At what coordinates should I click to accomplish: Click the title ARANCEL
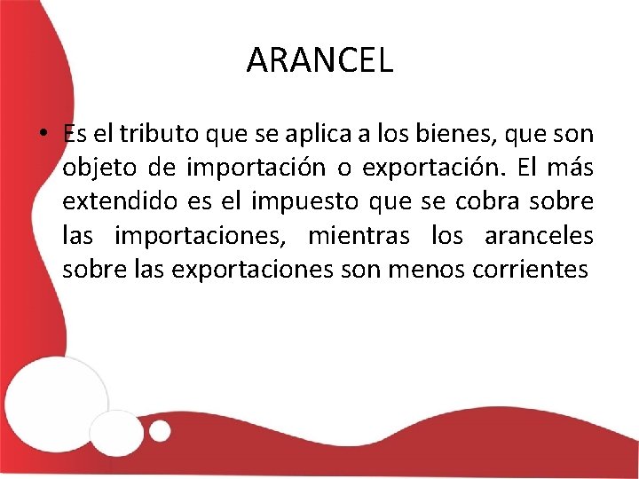click(x=319, y=60)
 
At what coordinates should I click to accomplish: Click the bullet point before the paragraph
click(x=43, y=135)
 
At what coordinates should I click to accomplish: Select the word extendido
click(x=118, y=201)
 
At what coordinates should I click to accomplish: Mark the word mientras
click(x=359, y=235)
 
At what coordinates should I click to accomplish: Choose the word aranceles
click(x=539, y=235)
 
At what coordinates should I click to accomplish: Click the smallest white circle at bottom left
click(x=160, y=431)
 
